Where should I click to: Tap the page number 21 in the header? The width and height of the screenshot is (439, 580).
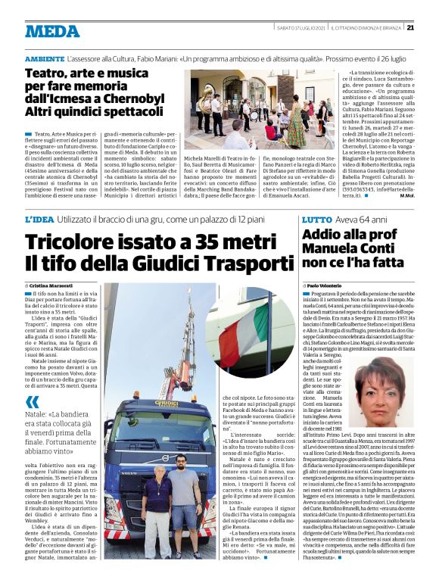[x=410, y=27]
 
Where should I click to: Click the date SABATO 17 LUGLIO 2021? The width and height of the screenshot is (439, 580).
[x=303, y=27]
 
